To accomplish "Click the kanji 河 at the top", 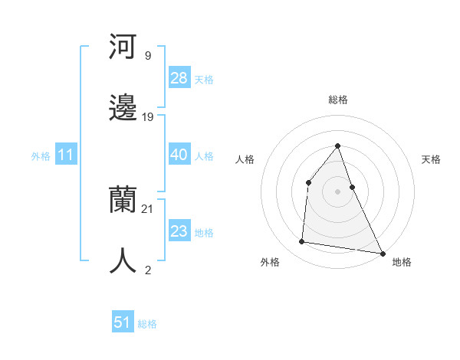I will click(x=123, y=47).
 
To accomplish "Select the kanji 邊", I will click(x=123, y=109).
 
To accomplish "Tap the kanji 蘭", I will click(x=123, y=201).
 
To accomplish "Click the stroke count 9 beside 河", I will click(x=147, y=55).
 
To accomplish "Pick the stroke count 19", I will click(x=148, y=116).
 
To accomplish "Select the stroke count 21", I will click(x=148, y=208).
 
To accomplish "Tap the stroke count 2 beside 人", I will click(x=147, y=270).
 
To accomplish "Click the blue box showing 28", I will click(x=179, y=78).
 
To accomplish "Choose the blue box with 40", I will click(x=179, y=155).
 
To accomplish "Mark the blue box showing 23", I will click(x=179, y=231).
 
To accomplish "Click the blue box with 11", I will click(x=66, y=155).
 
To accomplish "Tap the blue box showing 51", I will click(x=123, y=322).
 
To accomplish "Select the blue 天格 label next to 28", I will click(x=204, y=80).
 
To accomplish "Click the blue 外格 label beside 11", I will click(x=41, y=156).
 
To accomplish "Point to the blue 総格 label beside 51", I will click(x=147, y=324).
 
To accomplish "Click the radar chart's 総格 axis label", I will click(x=338, y=100).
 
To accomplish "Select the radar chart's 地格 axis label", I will click(x=402, y=262).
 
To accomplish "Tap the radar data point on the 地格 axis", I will click(x=382, y=253).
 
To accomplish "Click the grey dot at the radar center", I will click(x=338, y=191).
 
